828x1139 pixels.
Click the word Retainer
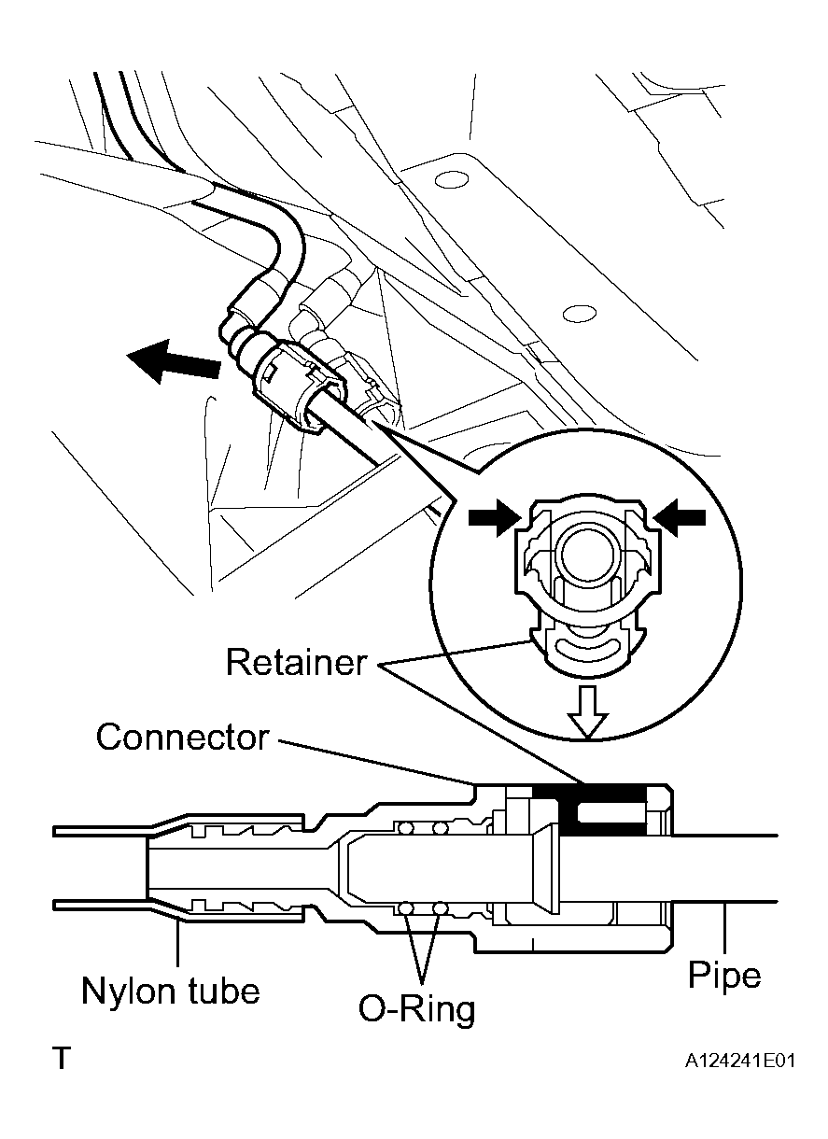click(x=296, y=663)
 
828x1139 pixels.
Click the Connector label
click(x=182, y=737)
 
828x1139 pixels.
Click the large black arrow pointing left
click(x=173, y=360)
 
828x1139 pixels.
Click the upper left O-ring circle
click(x=405, y=828)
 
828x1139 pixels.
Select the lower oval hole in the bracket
click(x=580, y=314)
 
